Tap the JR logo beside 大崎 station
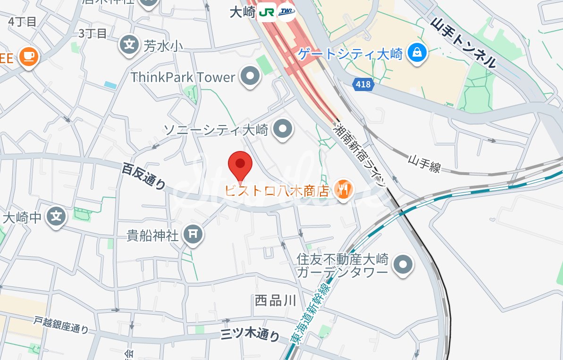267,13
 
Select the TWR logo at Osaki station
286,13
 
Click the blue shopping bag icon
417,53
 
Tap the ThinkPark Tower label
183,77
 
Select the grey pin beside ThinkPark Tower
251,76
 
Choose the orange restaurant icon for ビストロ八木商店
343,190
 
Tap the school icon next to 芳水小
129,45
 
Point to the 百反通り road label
143,176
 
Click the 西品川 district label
275,301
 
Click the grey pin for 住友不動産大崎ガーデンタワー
403,265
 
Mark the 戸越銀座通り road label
61,325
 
